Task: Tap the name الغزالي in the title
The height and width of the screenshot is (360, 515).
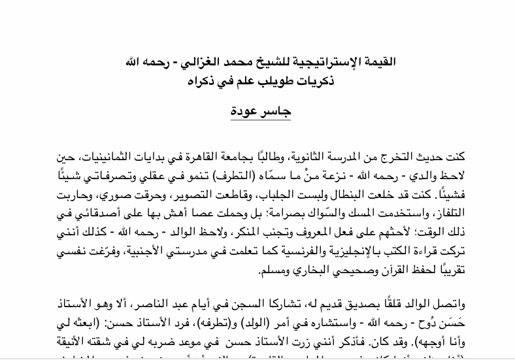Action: click(205, 63)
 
